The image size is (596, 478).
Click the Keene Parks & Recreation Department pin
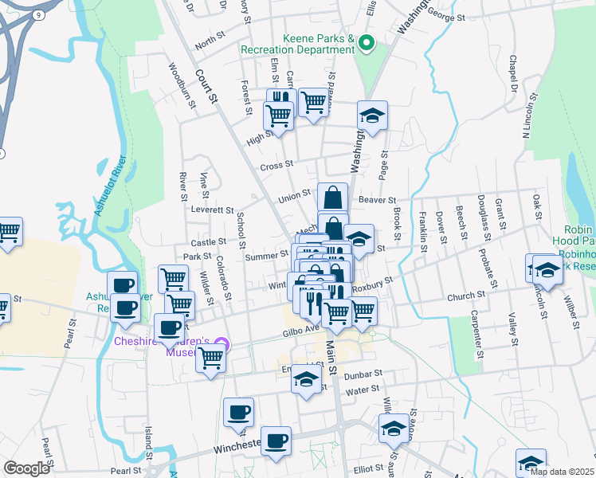click(x=367, y=43)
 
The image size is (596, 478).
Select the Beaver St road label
click(x=377, y=199)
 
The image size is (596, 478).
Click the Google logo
click(x=26, y=468)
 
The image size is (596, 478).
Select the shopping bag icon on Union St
click(x=332, y=196)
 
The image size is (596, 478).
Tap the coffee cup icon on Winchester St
click(x=276, y=441)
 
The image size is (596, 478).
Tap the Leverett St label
click(x=210, y=210)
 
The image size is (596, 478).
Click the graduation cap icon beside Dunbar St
click(x=305, y=378)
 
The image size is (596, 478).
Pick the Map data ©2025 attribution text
click(x=561, y=472)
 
